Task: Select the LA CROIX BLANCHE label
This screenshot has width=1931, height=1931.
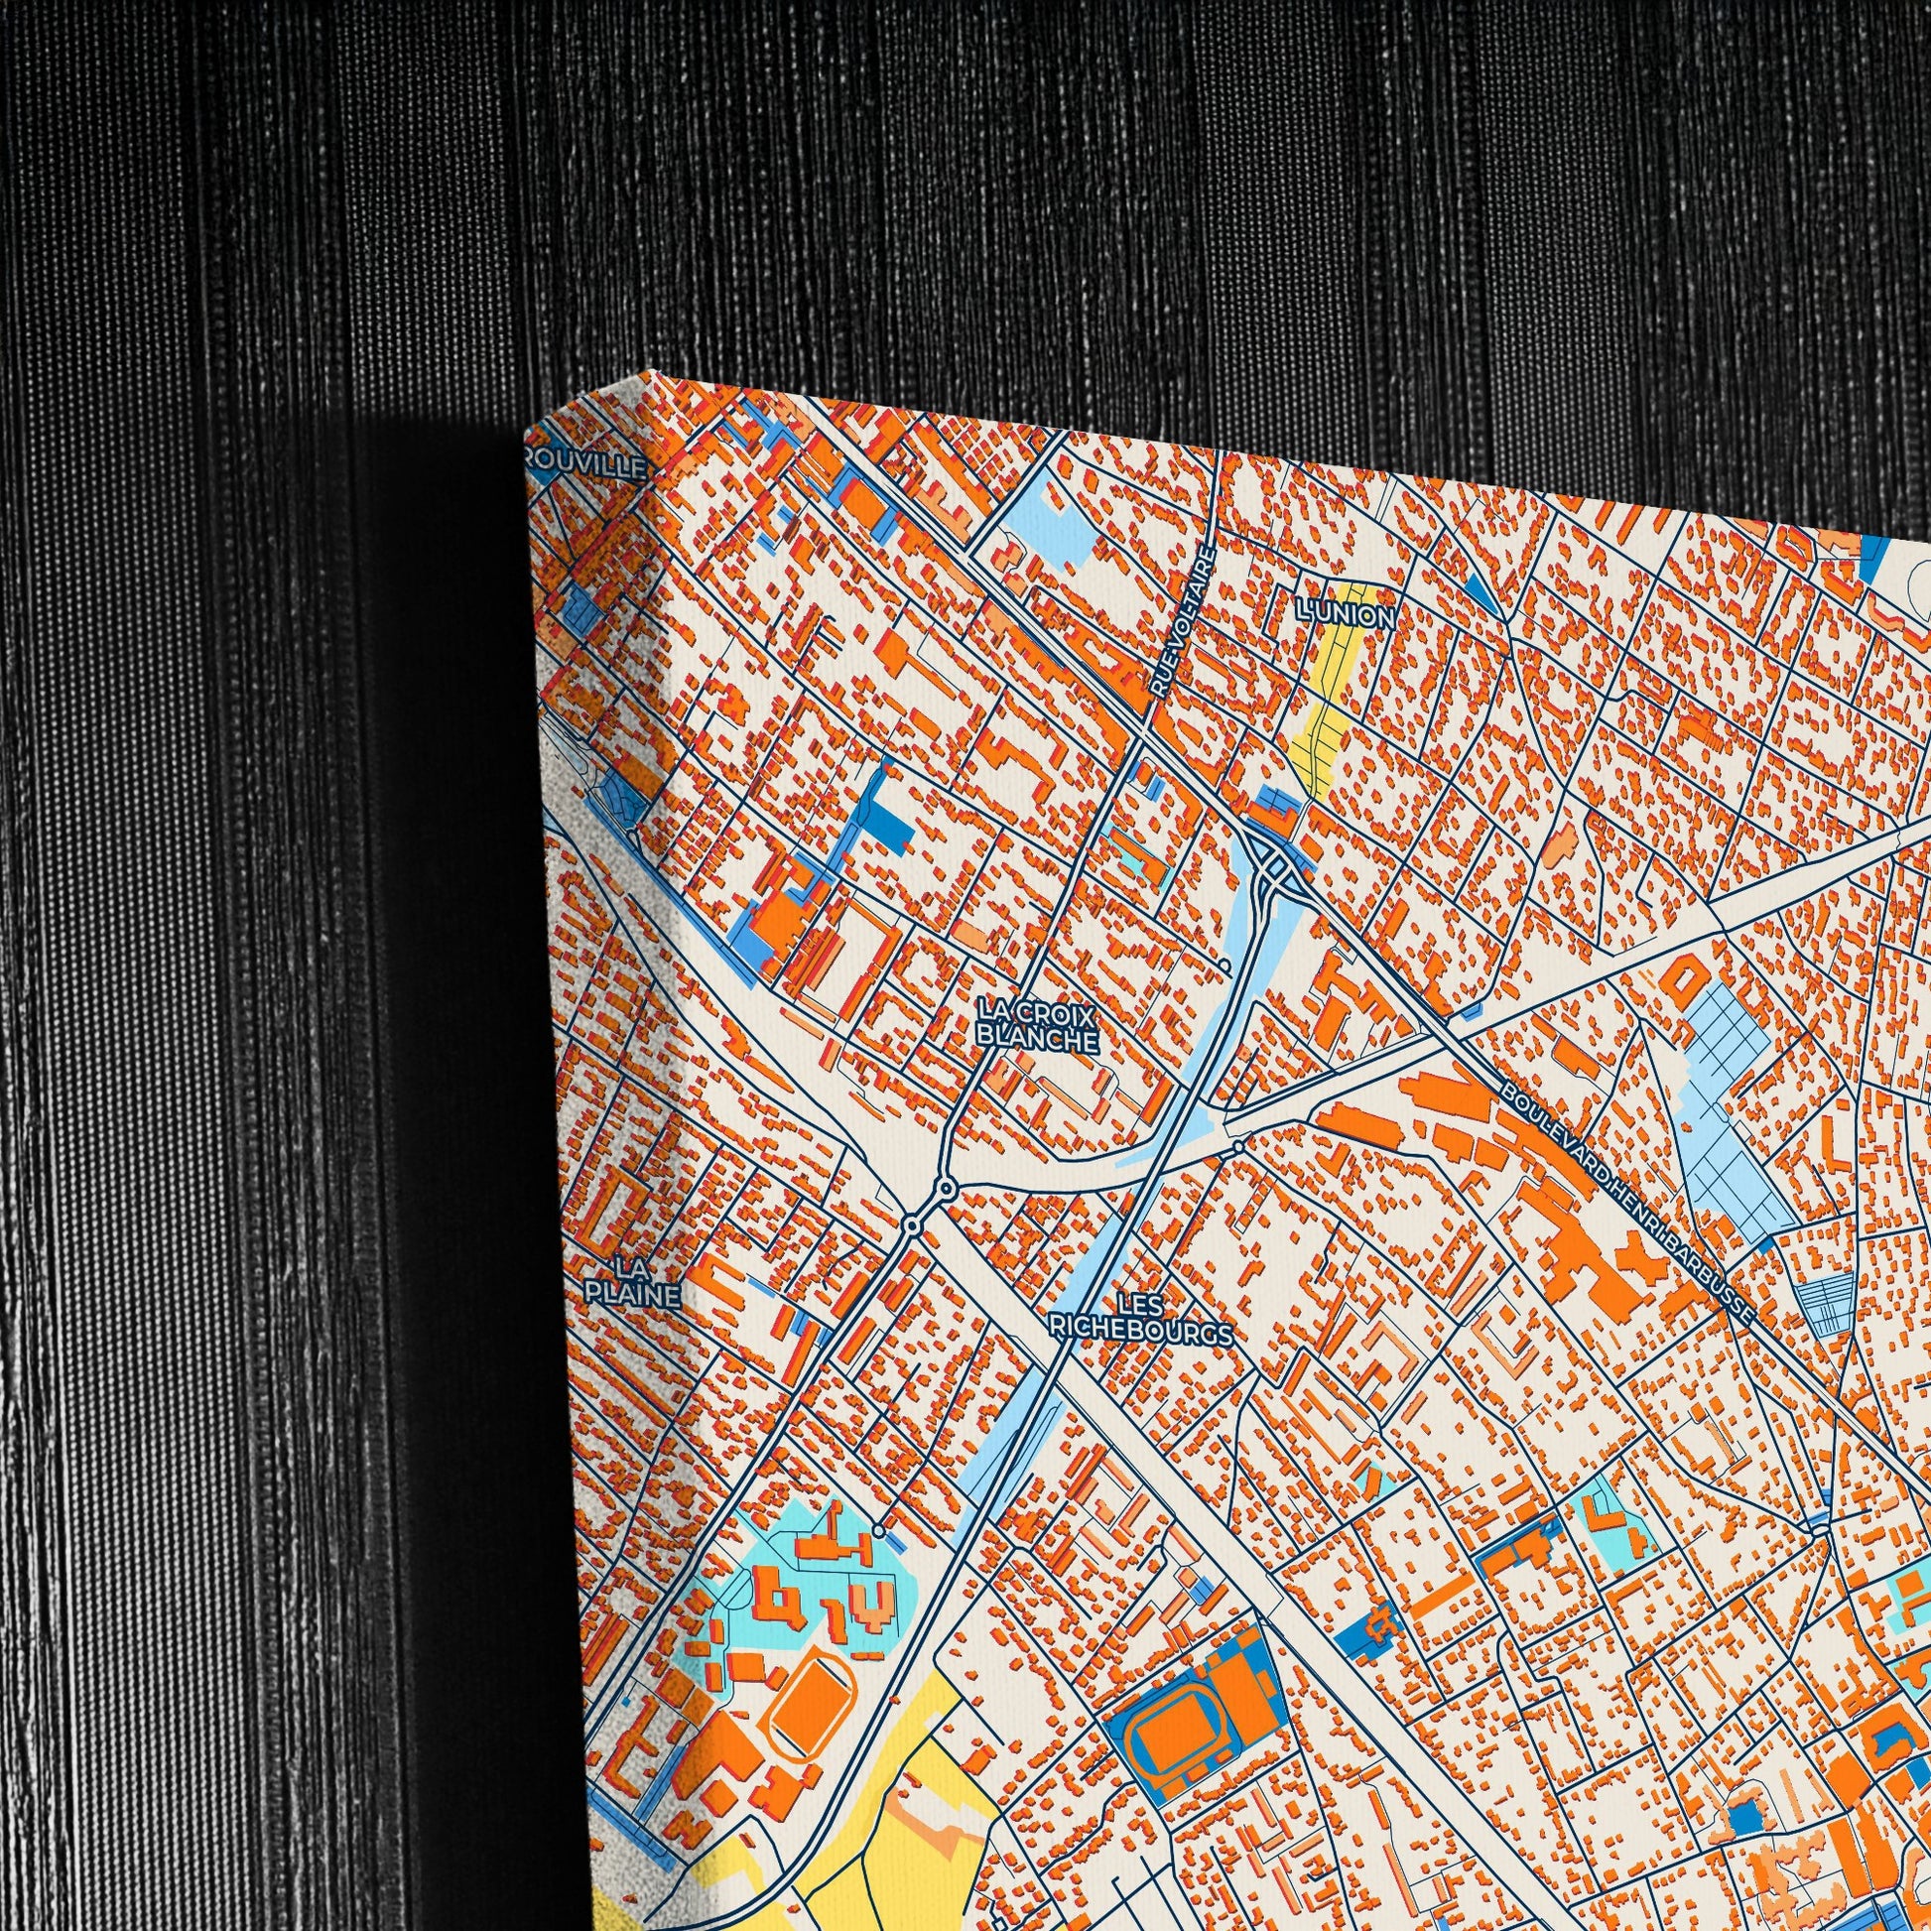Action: pos(1037,1027)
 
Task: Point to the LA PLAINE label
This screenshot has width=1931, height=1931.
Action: pos(632,1282)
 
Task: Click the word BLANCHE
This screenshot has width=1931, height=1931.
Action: pos(1037,1040)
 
